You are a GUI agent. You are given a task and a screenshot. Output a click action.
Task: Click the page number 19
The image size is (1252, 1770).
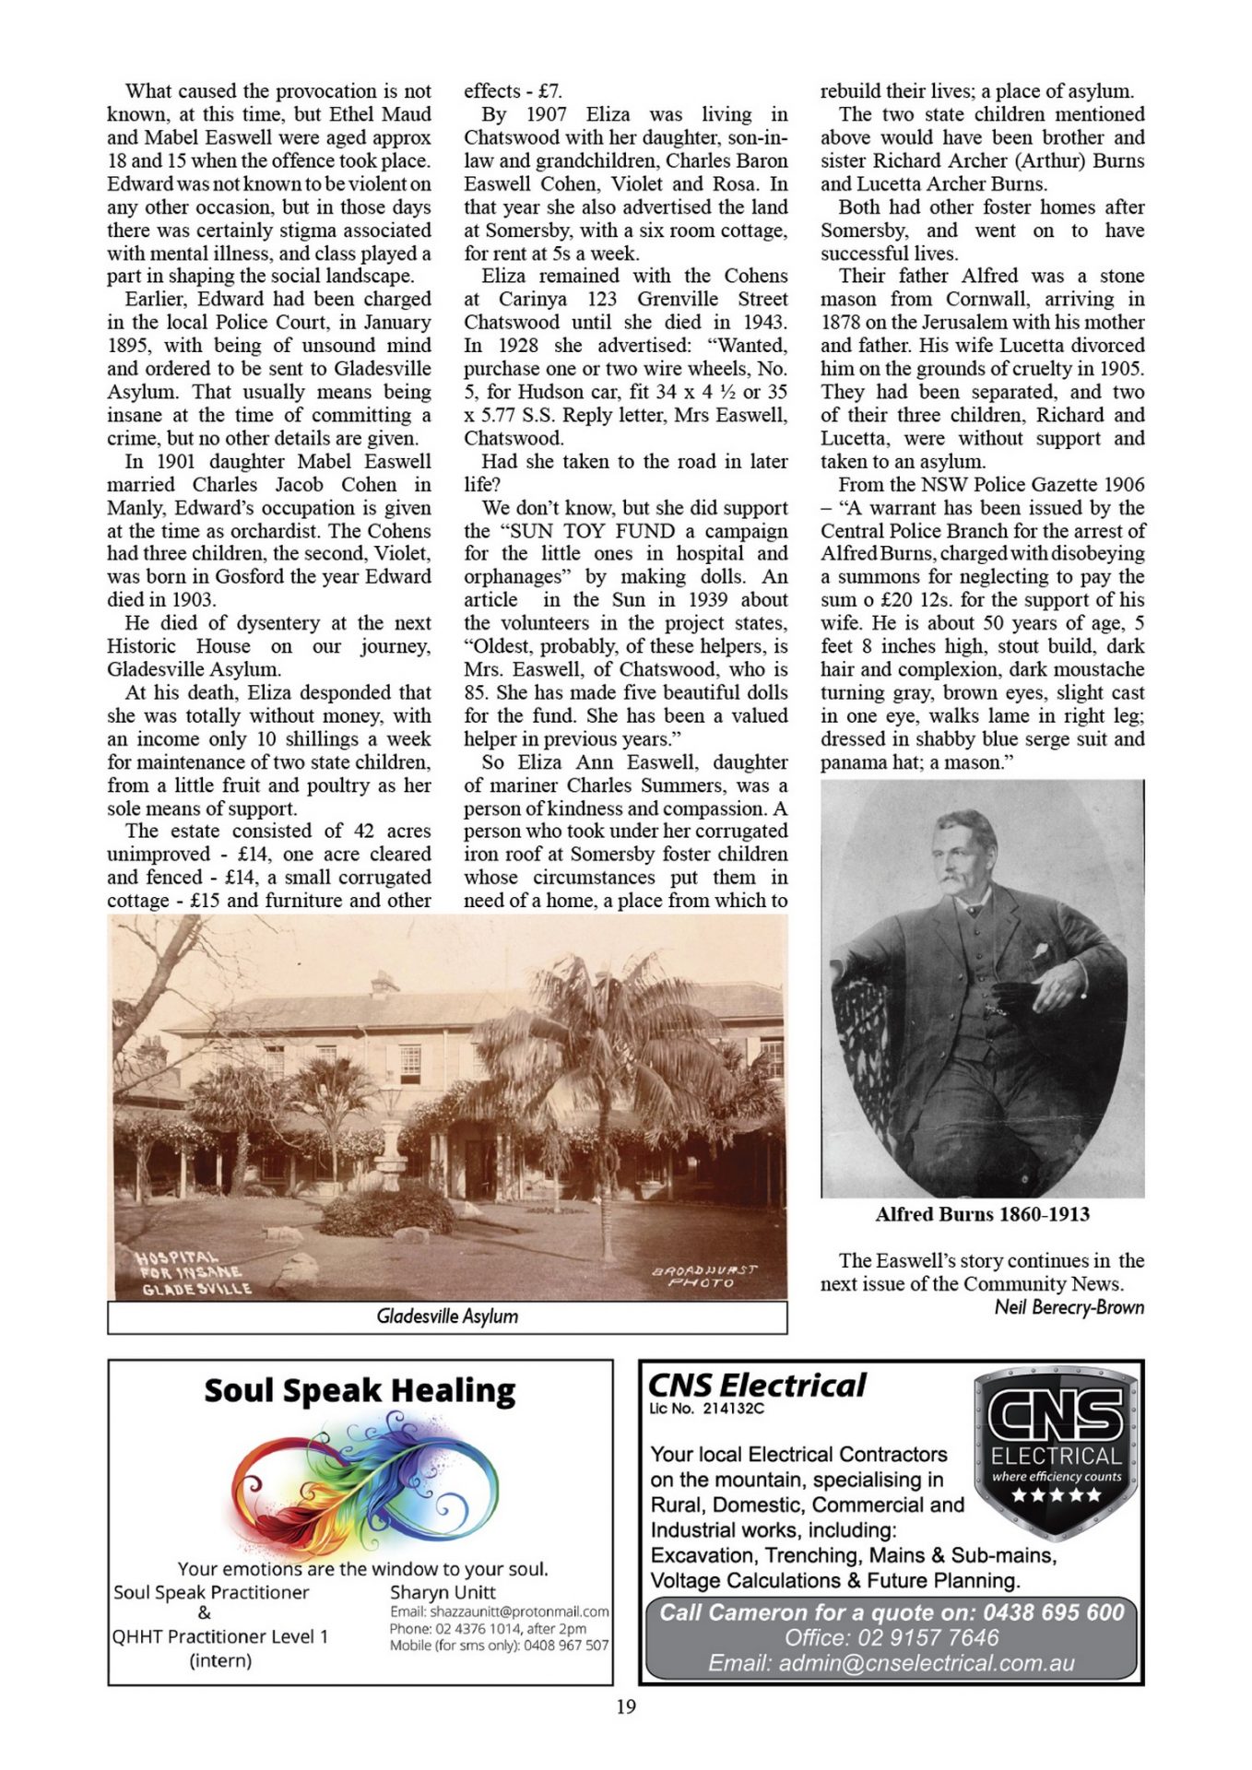(x=625, y=1706)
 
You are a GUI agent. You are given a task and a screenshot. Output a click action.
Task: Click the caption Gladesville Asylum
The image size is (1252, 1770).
(x=447, y=1316)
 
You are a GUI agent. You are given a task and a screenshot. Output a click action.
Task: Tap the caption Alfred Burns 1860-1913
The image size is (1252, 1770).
(x=982, y=1214)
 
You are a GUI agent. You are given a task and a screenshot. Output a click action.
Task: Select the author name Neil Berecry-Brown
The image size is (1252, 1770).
(x=1069, y=1307)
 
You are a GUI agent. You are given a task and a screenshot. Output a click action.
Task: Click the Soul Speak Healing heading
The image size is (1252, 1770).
(x=360, y=1390)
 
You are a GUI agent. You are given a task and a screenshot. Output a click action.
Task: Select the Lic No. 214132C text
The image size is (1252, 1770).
(x=706, y=1408)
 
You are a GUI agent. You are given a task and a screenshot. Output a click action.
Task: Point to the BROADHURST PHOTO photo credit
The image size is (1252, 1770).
(x=704, y=1276)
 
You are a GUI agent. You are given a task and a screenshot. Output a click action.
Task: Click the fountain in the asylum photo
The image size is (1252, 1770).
(x=391, y=1153)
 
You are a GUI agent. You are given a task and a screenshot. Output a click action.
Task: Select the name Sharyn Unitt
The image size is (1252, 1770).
(x=443, y=1592)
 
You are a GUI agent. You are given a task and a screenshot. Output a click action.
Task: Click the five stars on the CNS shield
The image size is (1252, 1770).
(x=1056, y=1494)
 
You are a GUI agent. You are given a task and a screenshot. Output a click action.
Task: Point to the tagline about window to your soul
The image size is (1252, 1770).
(x=362, y=1568)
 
